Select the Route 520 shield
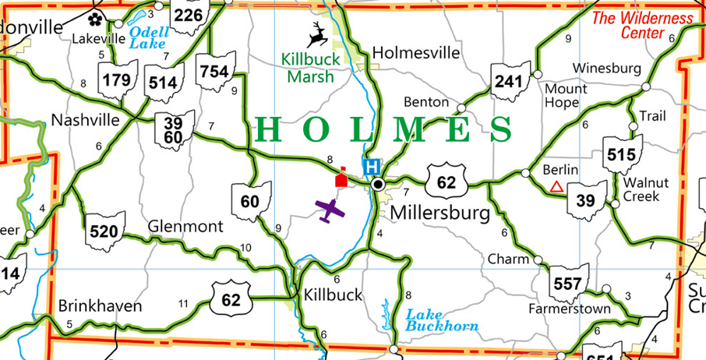[x=104, y=230]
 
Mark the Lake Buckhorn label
[x=442, y=319]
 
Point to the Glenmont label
[x=185, y=227]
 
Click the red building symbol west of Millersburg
[x=340, y=179]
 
